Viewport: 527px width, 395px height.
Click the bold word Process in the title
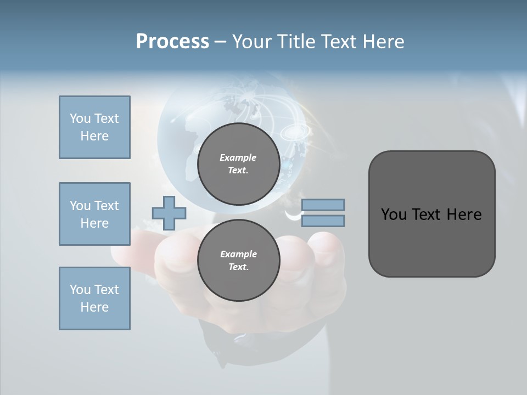pos(172,42)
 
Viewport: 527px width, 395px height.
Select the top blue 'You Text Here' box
pos(94,127)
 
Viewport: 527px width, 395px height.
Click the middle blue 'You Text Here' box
pos(94,214)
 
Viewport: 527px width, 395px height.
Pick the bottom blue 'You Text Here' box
pos(94,298)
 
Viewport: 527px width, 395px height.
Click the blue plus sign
pos(169,213)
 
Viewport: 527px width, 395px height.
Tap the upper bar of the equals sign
pos(323,205)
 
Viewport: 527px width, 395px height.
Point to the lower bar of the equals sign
pos(323,221)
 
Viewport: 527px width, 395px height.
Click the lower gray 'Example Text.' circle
pos(238,261)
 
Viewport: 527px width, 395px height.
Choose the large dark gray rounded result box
pos(431,213)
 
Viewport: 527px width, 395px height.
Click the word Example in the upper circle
pos(238,157)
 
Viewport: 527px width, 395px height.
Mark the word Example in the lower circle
pos(238,254)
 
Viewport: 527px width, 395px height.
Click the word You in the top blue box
pos(80,119)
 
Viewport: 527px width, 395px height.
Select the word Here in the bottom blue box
pos(94,307)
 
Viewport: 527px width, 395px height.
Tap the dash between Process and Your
pos(221,42)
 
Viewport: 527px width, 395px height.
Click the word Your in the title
pos(251,42)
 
